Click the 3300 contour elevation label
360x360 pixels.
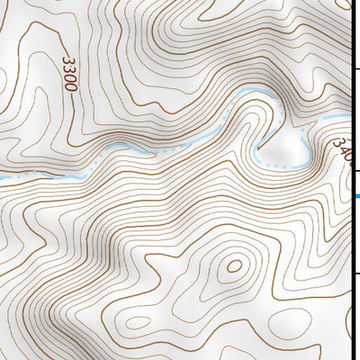click(x=69, y=73)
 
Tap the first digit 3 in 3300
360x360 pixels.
click(x=67, y=60)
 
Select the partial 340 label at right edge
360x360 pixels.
click(x=343, y=148)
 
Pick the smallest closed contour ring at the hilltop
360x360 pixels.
click(x=233, y=266)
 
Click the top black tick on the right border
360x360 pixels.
click(x=355, y=68)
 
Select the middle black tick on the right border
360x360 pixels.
click(x=355, y=170)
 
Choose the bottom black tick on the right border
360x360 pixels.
click(x=355, y=272)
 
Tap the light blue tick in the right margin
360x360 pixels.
click(x=357, y=196)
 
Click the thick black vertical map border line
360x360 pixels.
click(x=351, y=180)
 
